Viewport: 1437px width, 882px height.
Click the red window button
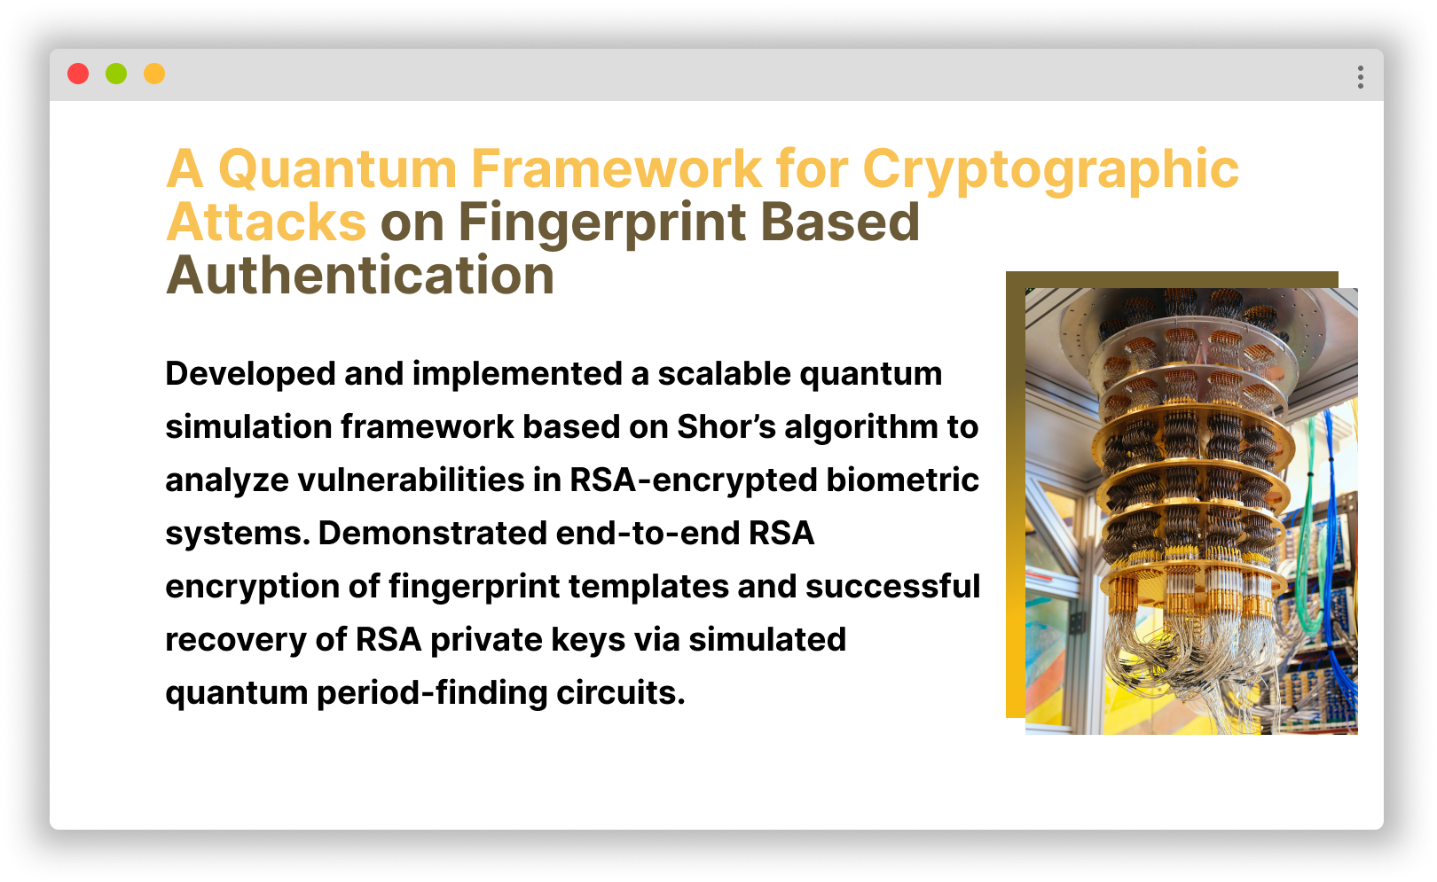78,74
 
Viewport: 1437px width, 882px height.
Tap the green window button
116,74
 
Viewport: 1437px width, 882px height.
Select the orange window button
154,74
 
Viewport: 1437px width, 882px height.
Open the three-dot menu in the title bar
1360,77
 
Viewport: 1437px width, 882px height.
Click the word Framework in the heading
616,168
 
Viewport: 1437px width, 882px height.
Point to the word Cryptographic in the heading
1050,168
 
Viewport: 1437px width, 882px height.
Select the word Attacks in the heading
266,222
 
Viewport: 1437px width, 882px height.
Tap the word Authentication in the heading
360,275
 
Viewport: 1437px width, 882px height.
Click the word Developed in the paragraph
249,374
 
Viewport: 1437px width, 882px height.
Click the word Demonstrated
432,534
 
